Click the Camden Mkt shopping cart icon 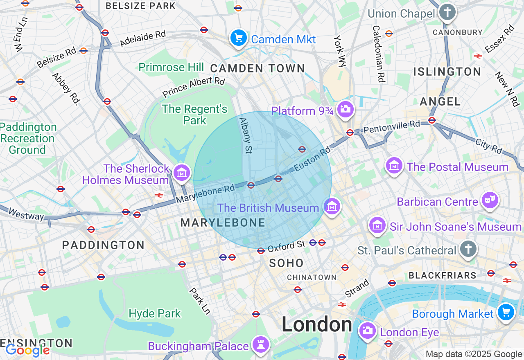click(x=239, y=38)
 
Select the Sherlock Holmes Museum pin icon click(x=182, y=173)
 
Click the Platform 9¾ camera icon click(x=346, y=109)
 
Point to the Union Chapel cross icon click(x=447, y=12)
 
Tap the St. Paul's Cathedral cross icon click(x=468, y=249)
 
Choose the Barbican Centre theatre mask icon click(x=490, y=200)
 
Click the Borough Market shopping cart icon click(x=506, y=313)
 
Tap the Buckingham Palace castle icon click(x=260, y=345)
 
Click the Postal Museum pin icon click(x=394, y=166)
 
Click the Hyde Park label click(x=154, y=314)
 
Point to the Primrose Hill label click(x=171, y=67)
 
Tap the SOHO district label click(x=287, y=263)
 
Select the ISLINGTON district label click(x=447, y=72)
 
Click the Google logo click(x=27, y=351)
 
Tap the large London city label click(x=316, y=325)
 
